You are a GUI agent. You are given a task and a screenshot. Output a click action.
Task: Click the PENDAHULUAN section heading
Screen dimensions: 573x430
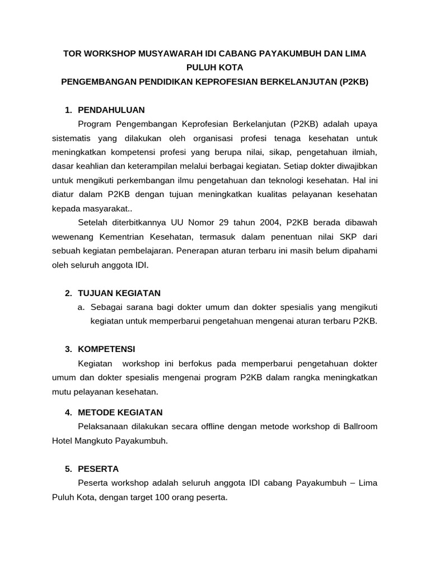[x=111, y=110]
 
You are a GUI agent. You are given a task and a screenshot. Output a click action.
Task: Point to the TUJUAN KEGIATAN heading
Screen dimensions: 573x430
[x=119, y=293]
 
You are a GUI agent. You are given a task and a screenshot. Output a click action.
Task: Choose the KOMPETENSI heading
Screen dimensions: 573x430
[x=106, y=349]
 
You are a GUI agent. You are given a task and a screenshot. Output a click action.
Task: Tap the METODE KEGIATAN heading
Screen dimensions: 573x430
[x=120, y=412]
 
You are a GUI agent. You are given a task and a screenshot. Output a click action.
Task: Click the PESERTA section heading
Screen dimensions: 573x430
[x=99, y=468]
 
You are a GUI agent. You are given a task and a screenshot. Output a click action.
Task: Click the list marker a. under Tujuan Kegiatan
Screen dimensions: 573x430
[x=81, y=307]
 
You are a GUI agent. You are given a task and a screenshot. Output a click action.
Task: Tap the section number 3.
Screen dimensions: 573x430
[x=68, y=349]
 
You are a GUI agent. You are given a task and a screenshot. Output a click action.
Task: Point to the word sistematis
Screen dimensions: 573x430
[x=72, y=138]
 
